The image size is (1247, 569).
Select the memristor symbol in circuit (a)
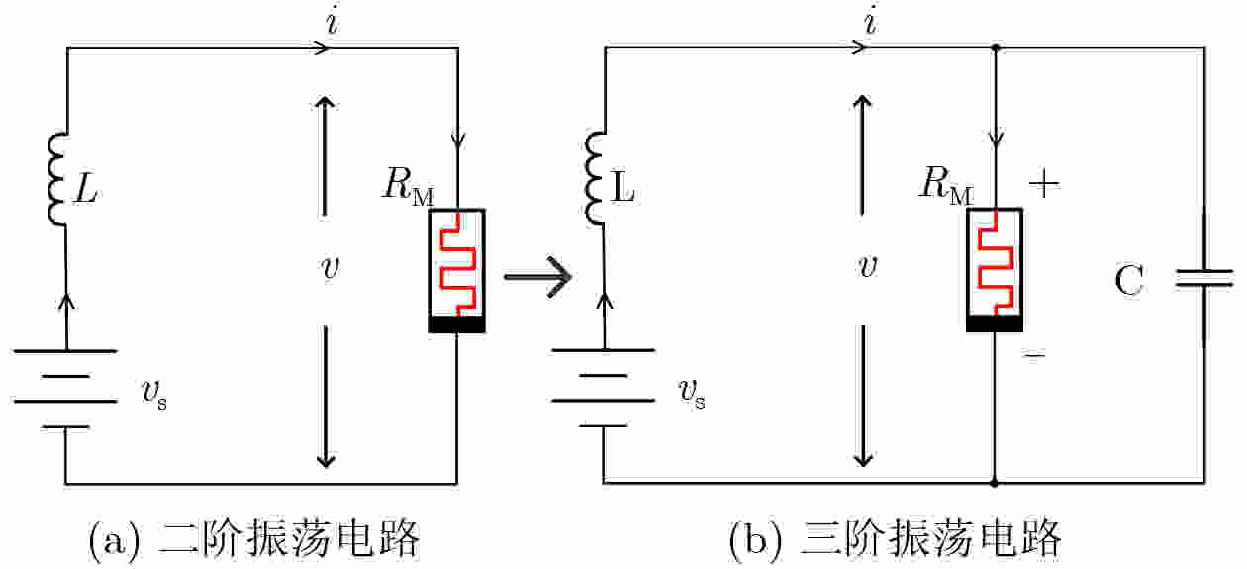click(x=455, y=270)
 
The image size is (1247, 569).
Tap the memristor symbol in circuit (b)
click(x=994, y=270)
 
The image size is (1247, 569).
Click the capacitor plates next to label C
click(x=1204, y=280)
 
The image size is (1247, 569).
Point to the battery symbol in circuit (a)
click(x=65, y=387)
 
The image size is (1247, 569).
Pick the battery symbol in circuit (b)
click(x=603, y=387)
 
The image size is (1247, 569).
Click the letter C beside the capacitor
click(x=1128, y=283)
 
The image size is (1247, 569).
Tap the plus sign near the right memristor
click(x=1044, y=183)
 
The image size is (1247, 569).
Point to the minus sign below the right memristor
click(x=1034, y=353)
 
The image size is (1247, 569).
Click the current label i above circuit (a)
click(x=332, y=21)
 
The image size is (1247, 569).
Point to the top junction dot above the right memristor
click(x=994, y=47)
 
